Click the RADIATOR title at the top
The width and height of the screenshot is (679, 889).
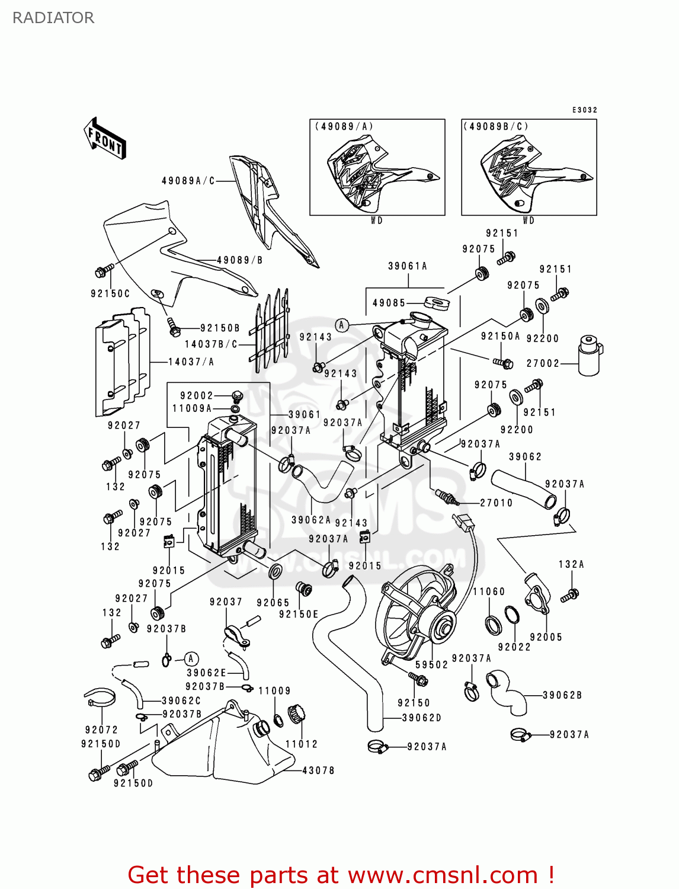[x=53, y=18]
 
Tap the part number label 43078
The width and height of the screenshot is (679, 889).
[x=318, y=770]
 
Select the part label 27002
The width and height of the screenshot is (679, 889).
[x=543, y=363]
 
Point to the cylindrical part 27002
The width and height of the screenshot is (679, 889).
[x=590, y=355]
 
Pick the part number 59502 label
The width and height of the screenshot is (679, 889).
[x=431, y=665]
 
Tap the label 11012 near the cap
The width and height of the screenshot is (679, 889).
[x=302, y=744]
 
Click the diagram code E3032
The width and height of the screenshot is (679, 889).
[x=584, y=110]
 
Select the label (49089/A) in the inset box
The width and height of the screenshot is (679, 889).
[x=344, y=126]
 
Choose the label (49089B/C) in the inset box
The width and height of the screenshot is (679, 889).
[x=495, y=126]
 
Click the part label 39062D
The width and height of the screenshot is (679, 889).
[x=422, y=718]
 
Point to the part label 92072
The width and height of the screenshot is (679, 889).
[x=101, y=730]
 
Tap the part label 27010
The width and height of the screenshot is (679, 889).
[x=496, y=503]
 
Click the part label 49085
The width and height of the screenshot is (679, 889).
[x=389, y=303]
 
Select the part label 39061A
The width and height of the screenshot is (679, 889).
[x=408, y=266]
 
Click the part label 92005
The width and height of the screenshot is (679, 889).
[x=546, y=637]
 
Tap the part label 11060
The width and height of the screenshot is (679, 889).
[x=489, y=591]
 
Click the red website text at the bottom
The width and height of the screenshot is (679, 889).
[x=341, y=875]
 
